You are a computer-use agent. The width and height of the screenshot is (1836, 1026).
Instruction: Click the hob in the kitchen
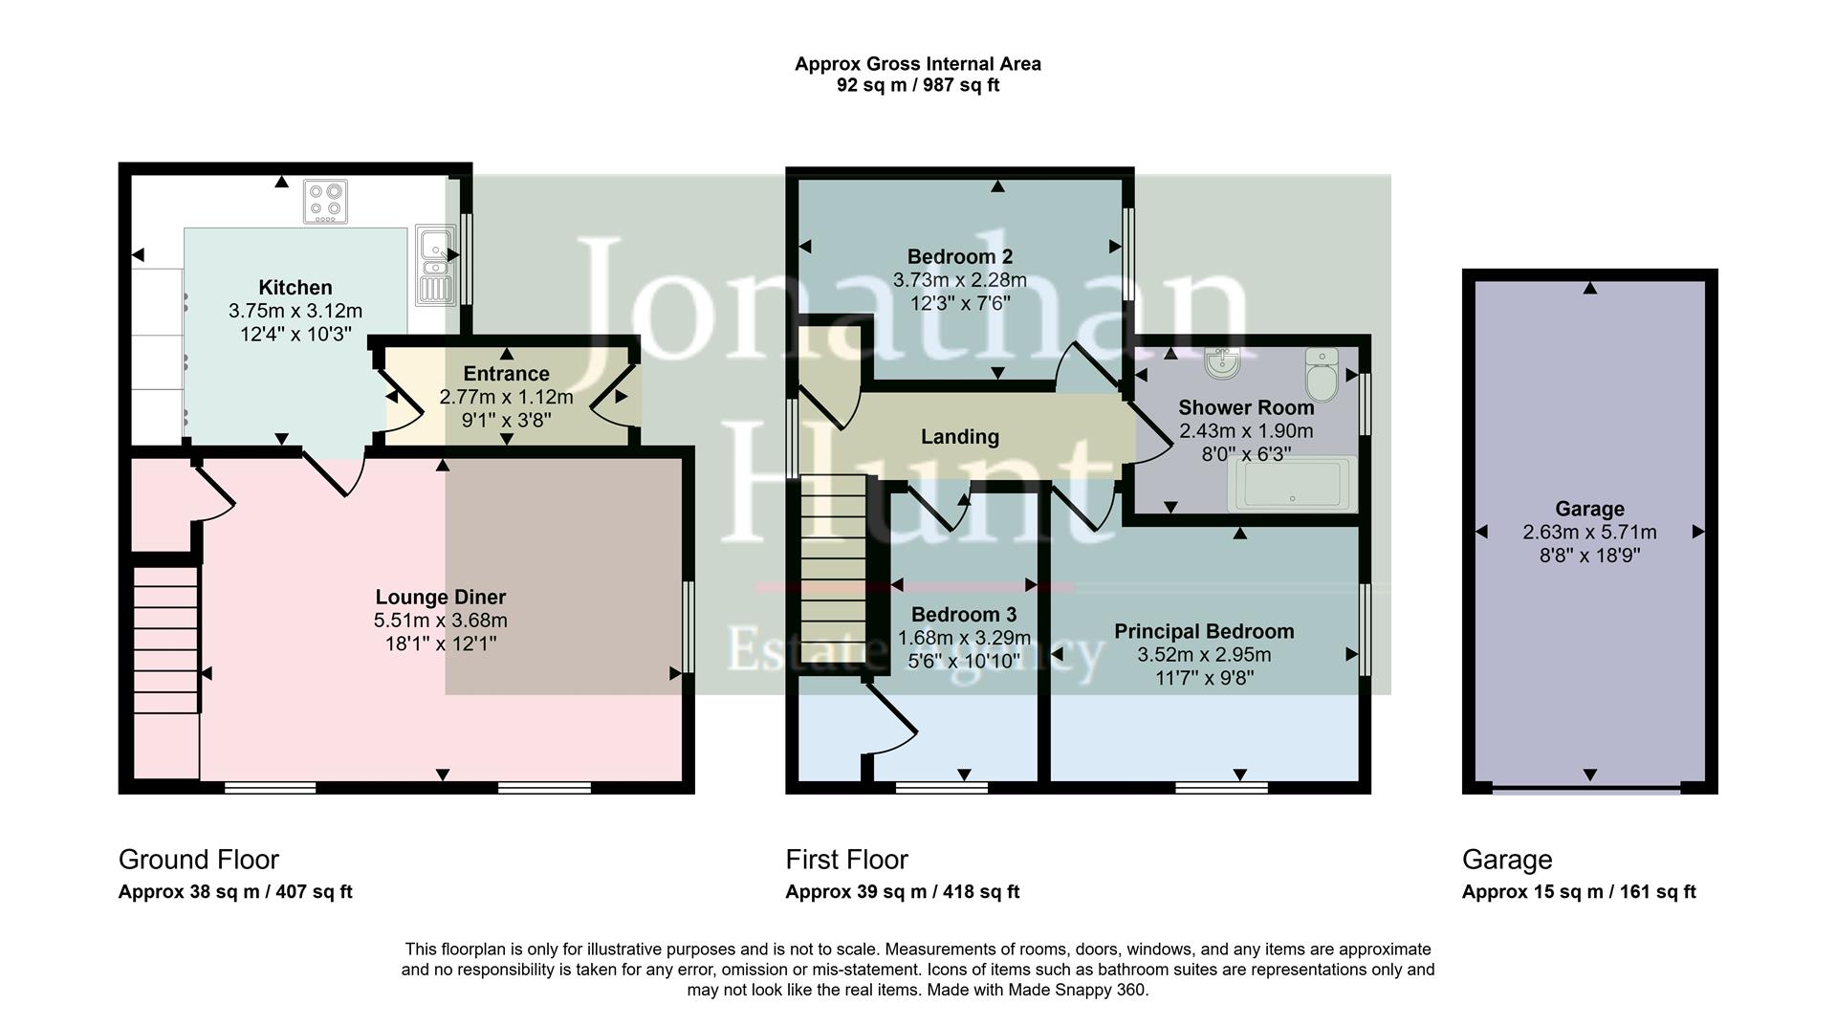(325, 201)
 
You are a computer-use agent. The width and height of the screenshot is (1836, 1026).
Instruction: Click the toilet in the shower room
(1322, 376)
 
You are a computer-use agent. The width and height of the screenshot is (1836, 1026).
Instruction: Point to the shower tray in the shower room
(1296, 484)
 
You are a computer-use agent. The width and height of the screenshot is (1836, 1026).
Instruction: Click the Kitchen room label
(295, 288)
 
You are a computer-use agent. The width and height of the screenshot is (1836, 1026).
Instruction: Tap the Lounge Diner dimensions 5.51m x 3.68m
(440, 621)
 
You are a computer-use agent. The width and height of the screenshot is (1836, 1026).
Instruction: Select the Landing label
(959, 437)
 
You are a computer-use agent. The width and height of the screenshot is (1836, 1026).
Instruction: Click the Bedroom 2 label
(959, 256)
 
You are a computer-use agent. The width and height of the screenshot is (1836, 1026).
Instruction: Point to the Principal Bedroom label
(1204, 631)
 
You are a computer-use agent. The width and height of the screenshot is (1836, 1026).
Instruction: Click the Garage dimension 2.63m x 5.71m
(1589, 533)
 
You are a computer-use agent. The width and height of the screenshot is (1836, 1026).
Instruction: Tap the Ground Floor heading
(199, 860)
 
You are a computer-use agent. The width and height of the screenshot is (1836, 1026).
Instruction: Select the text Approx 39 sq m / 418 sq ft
(902, 892)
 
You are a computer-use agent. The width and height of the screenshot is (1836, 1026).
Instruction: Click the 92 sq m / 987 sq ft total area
(917, 85)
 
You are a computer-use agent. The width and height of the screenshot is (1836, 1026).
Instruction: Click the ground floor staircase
(165, 639)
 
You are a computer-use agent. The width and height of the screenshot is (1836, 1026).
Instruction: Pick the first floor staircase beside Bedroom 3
(832, 574)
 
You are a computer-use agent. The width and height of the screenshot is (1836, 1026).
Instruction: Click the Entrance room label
(506, 374)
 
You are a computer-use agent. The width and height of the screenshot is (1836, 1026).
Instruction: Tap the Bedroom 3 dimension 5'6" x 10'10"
(964, 661)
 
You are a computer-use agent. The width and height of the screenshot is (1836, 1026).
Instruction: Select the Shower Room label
(1246, 407)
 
